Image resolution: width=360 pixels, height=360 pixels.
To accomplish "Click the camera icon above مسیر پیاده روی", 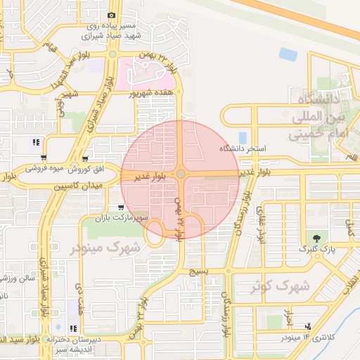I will click(x=111, y=15).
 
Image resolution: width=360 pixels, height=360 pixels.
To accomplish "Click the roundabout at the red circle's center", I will click(x=181, y=174).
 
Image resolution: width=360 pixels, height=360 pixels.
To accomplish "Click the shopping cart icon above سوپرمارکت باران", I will click(x=122, y=207).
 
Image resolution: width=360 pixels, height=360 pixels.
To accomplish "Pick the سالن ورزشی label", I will click(x=23, y=280).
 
